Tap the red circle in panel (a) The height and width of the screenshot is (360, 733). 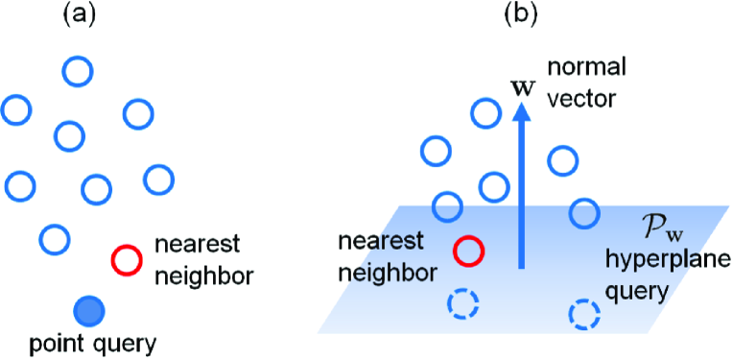127,258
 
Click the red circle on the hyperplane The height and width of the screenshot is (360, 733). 468,251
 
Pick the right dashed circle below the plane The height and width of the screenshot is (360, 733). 583,314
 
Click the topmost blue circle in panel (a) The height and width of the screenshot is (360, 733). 78,70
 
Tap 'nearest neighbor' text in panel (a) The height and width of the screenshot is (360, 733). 204,260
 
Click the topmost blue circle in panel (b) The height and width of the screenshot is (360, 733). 485,114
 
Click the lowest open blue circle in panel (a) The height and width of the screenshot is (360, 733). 55,238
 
